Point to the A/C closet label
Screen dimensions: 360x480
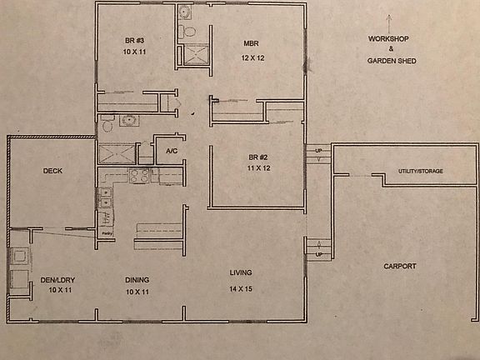(171, 152)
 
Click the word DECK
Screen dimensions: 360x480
(53, 171)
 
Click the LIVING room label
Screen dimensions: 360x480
(241, 272)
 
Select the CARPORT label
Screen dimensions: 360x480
(399, 267)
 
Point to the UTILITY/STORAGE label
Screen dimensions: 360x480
(420, 171)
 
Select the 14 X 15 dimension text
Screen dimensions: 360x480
(240, 288)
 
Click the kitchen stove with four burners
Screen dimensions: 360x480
(139, 175)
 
